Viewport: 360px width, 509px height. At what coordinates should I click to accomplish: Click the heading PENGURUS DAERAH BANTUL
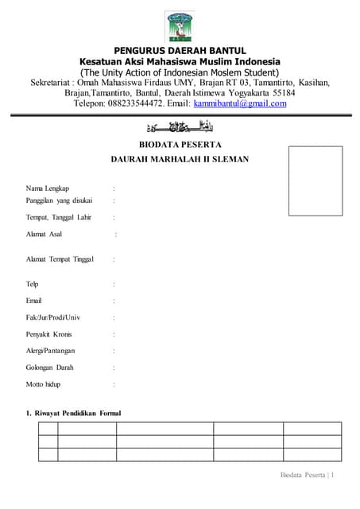coord(180,51)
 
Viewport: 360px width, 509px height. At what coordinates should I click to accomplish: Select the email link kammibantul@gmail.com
coord(240,103)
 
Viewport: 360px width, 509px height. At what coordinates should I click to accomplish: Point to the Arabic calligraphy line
coord(181,127)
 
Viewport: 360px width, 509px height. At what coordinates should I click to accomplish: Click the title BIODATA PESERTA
coord(180,144)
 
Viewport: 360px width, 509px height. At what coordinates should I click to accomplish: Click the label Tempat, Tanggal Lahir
coord(59,217)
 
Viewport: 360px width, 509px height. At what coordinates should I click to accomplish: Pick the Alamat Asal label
coord(45,234)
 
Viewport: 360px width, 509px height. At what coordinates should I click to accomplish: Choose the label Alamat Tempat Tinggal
coord(60,259)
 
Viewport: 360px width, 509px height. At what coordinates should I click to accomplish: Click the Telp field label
coord(33,284)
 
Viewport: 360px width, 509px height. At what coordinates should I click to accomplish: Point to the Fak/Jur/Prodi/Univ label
coord(53,317)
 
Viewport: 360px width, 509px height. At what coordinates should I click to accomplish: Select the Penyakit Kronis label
coord(49,334)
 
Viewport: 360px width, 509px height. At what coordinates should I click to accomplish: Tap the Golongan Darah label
coord(49,367)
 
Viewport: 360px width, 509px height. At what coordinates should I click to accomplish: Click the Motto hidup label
coord(44,384)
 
